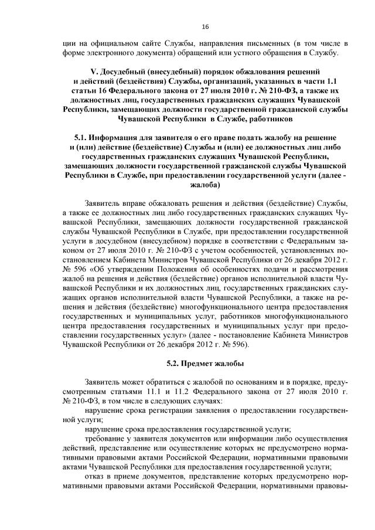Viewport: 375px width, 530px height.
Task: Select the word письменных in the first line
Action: [267, 43]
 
